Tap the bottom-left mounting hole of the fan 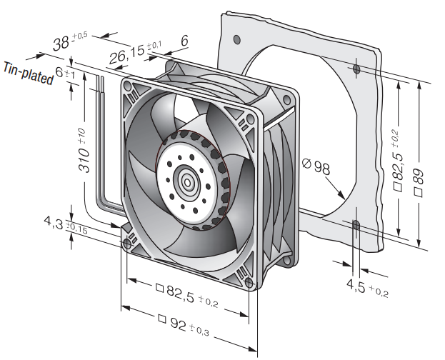point(127,244)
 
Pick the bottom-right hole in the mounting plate point(356,224)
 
